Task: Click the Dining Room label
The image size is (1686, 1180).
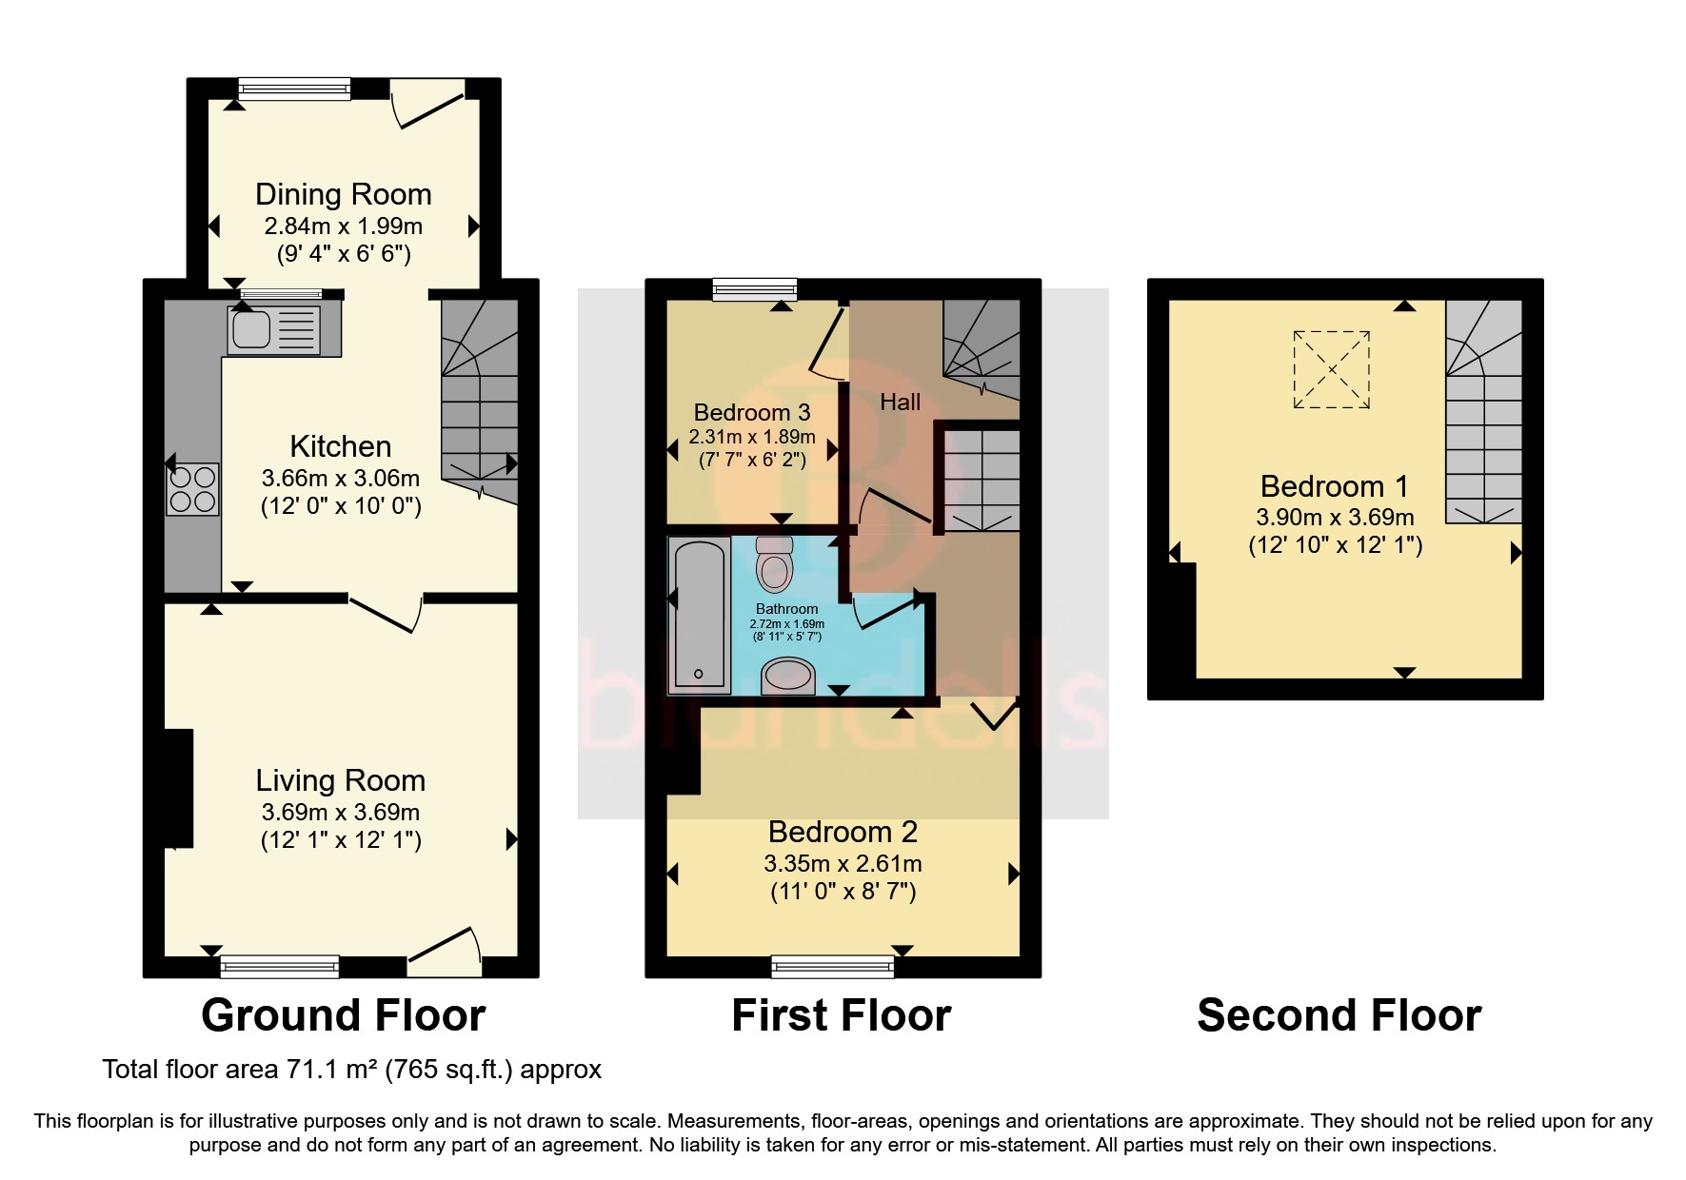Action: coord(343,194)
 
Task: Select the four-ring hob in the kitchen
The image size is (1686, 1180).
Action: coord(192,489)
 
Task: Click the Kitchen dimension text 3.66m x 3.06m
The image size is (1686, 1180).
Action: coord(341,478)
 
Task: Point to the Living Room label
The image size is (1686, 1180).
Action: coord(340,780)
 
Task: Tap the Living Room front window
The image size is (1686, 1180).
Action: coord(279,967)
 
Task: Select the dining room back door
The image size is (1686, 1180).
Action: coord(428,103)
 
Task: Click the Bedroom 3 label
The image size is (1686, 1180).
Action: coord(751,412)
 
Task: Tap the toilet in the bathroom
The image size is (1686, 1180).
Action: coord(774,565)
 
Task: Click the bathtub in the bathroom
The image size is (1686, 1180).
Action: coord(700,615)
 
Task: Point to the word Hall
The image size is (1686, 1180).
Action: coord(900,403)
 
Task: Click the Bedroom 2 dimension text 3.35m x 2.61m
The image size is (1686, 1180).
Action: coord(843,863)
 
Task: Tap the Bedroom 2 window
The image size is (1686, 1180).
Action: coord(833,967)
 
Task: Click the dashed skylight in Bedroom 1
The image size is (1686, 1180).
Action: coord(1331,369)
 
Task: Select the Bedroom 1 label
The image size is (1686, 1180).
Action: coord(1334,486)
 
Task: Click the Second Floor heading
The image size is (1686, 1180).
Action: coord(1339,1015)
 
